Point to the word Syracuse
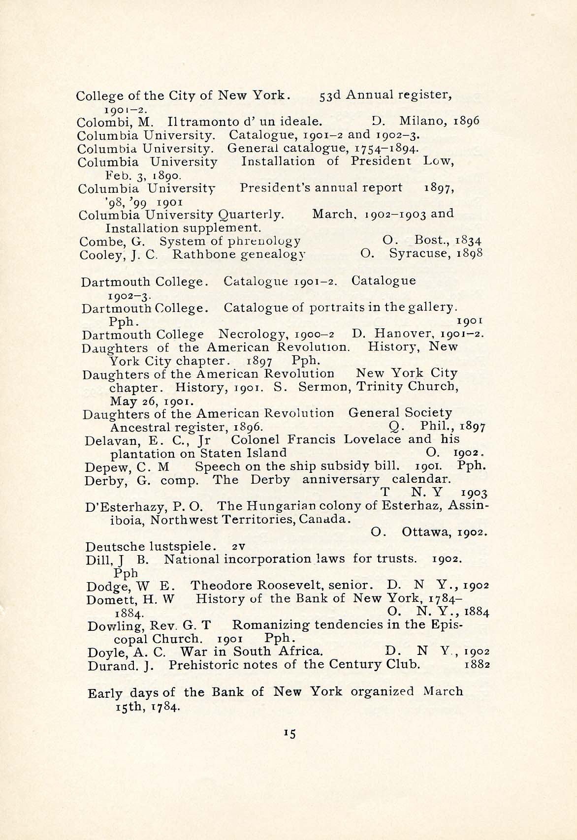(x=420, y=254)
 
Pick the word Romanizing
(x=271, y=625)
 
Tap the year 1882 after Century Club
(x=477, y=665)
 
